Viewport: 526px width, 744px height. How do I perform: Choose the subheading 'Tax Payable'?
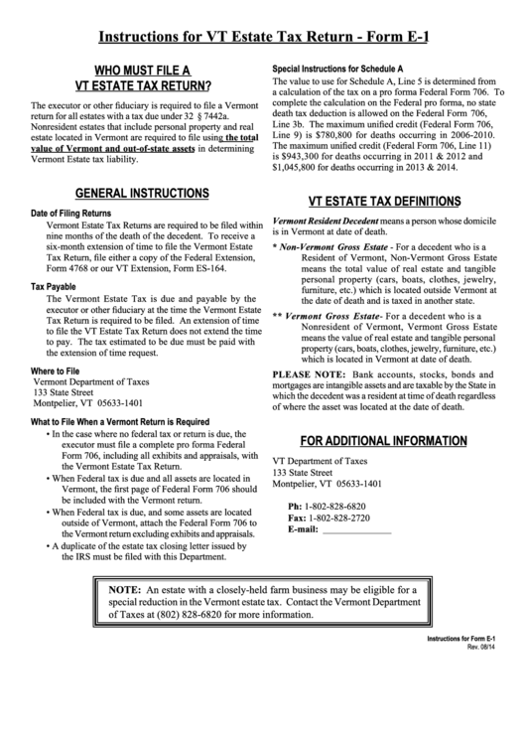point(54,286)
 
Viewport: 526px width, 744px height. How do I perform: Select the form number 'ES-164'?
point(231,266)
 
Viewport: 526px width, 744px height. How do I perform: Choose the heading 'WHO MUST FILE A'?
point(136,71)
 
